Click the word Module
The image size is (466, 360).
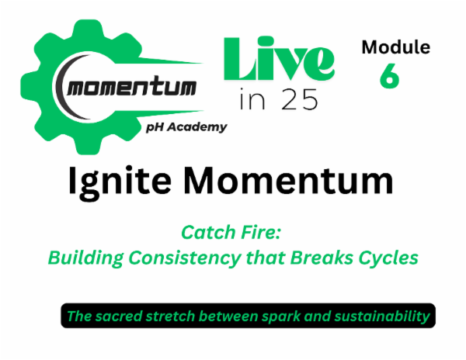coord(395,48)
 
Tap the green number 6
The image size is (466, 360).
coord(389,76)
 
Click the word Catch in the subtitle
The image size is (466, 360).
coord(205,231)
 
